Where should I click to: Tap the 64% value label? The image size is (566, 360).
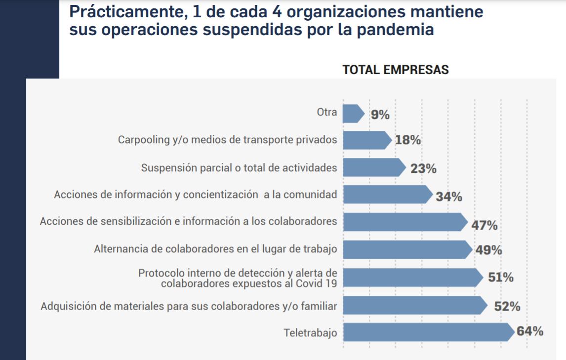click(x=530, y=331)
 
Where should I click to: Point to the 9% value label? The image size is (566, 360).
click(x=380, y=115)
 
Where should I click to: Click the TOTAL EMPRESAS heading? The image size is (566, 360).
click(x=396, y=70)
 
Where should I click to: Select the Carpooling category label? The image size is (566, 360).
click(x=228, y=140)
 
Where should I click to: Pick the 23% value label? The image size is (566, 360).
click(x=423, y=169)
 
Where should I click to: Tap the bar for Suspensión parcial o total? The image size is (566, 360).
click(x=373, y=167)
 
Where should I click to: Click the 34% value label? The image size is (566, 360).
click(x=449, y=197)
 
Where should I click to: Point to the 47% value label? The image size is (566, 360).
click(x=484, y=226)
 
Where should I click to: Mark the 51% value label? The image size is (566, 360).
click(x=500, y=278)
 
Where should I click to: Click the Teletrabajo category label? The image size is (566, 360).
click(x=310, y=333)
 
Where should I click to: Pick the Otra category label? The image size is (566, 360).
click(x=327, y=113)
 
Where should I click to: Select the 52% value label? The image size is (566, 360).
click(x=507, y=307)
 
